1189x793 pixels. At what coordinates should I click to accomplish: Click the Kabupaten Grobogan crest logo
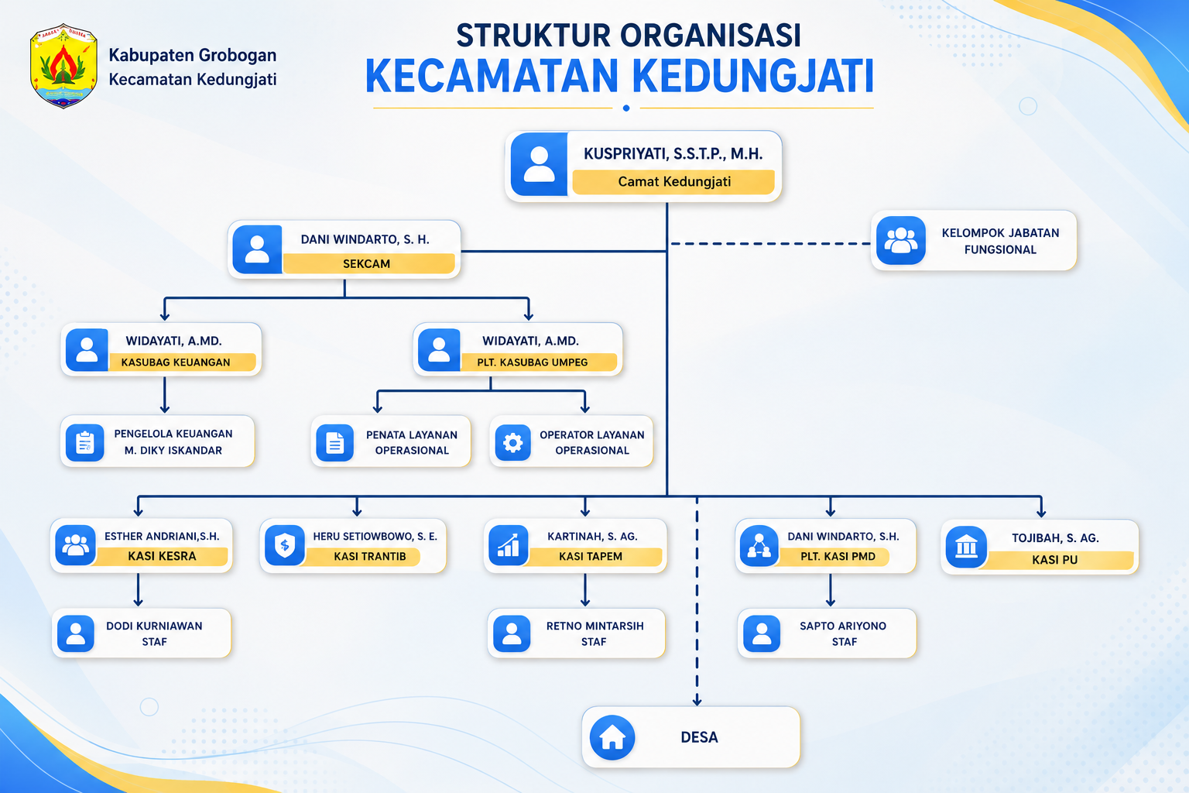63,66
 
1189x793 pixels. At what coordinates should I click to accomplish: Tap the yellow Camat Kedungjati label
673,182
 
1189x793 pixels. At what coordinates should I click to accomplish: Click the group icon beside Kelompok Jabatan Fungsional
901,240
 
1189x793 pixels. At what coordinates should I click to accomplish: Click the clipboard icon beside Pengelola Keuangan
85,442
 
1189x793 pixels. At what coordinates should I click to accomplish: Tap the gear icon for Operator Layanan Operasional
512,442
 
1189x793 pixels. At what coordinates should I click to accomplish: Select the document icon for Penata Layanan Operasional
335,442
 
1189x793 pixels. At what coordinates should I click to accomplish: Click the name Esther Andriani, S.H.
162,537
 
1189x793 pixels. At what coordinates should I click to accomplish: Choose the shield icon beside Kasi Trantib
285,545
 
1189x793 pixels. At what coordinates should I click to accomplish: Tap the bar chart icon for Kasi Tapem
509,545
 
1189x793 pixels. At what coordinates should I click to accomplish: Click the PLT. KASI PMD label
838,556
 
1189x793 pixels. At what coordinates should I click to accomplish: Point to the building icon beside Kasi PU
966,547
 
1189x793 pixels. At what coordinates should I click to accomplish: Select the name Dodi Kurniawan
155,626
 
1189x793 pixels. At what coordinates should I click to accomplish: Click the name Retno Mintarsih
595,626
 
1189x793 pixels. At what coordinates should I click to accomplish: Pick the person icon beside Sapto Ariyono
762,633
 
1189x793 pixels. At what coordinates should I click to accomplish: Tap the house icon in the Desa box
612,737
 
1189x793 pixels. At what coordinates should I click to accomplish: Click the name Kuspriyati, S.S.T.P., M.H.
673,154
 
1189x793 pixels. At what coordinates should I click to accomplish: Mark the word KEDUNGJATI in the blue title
752,77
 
